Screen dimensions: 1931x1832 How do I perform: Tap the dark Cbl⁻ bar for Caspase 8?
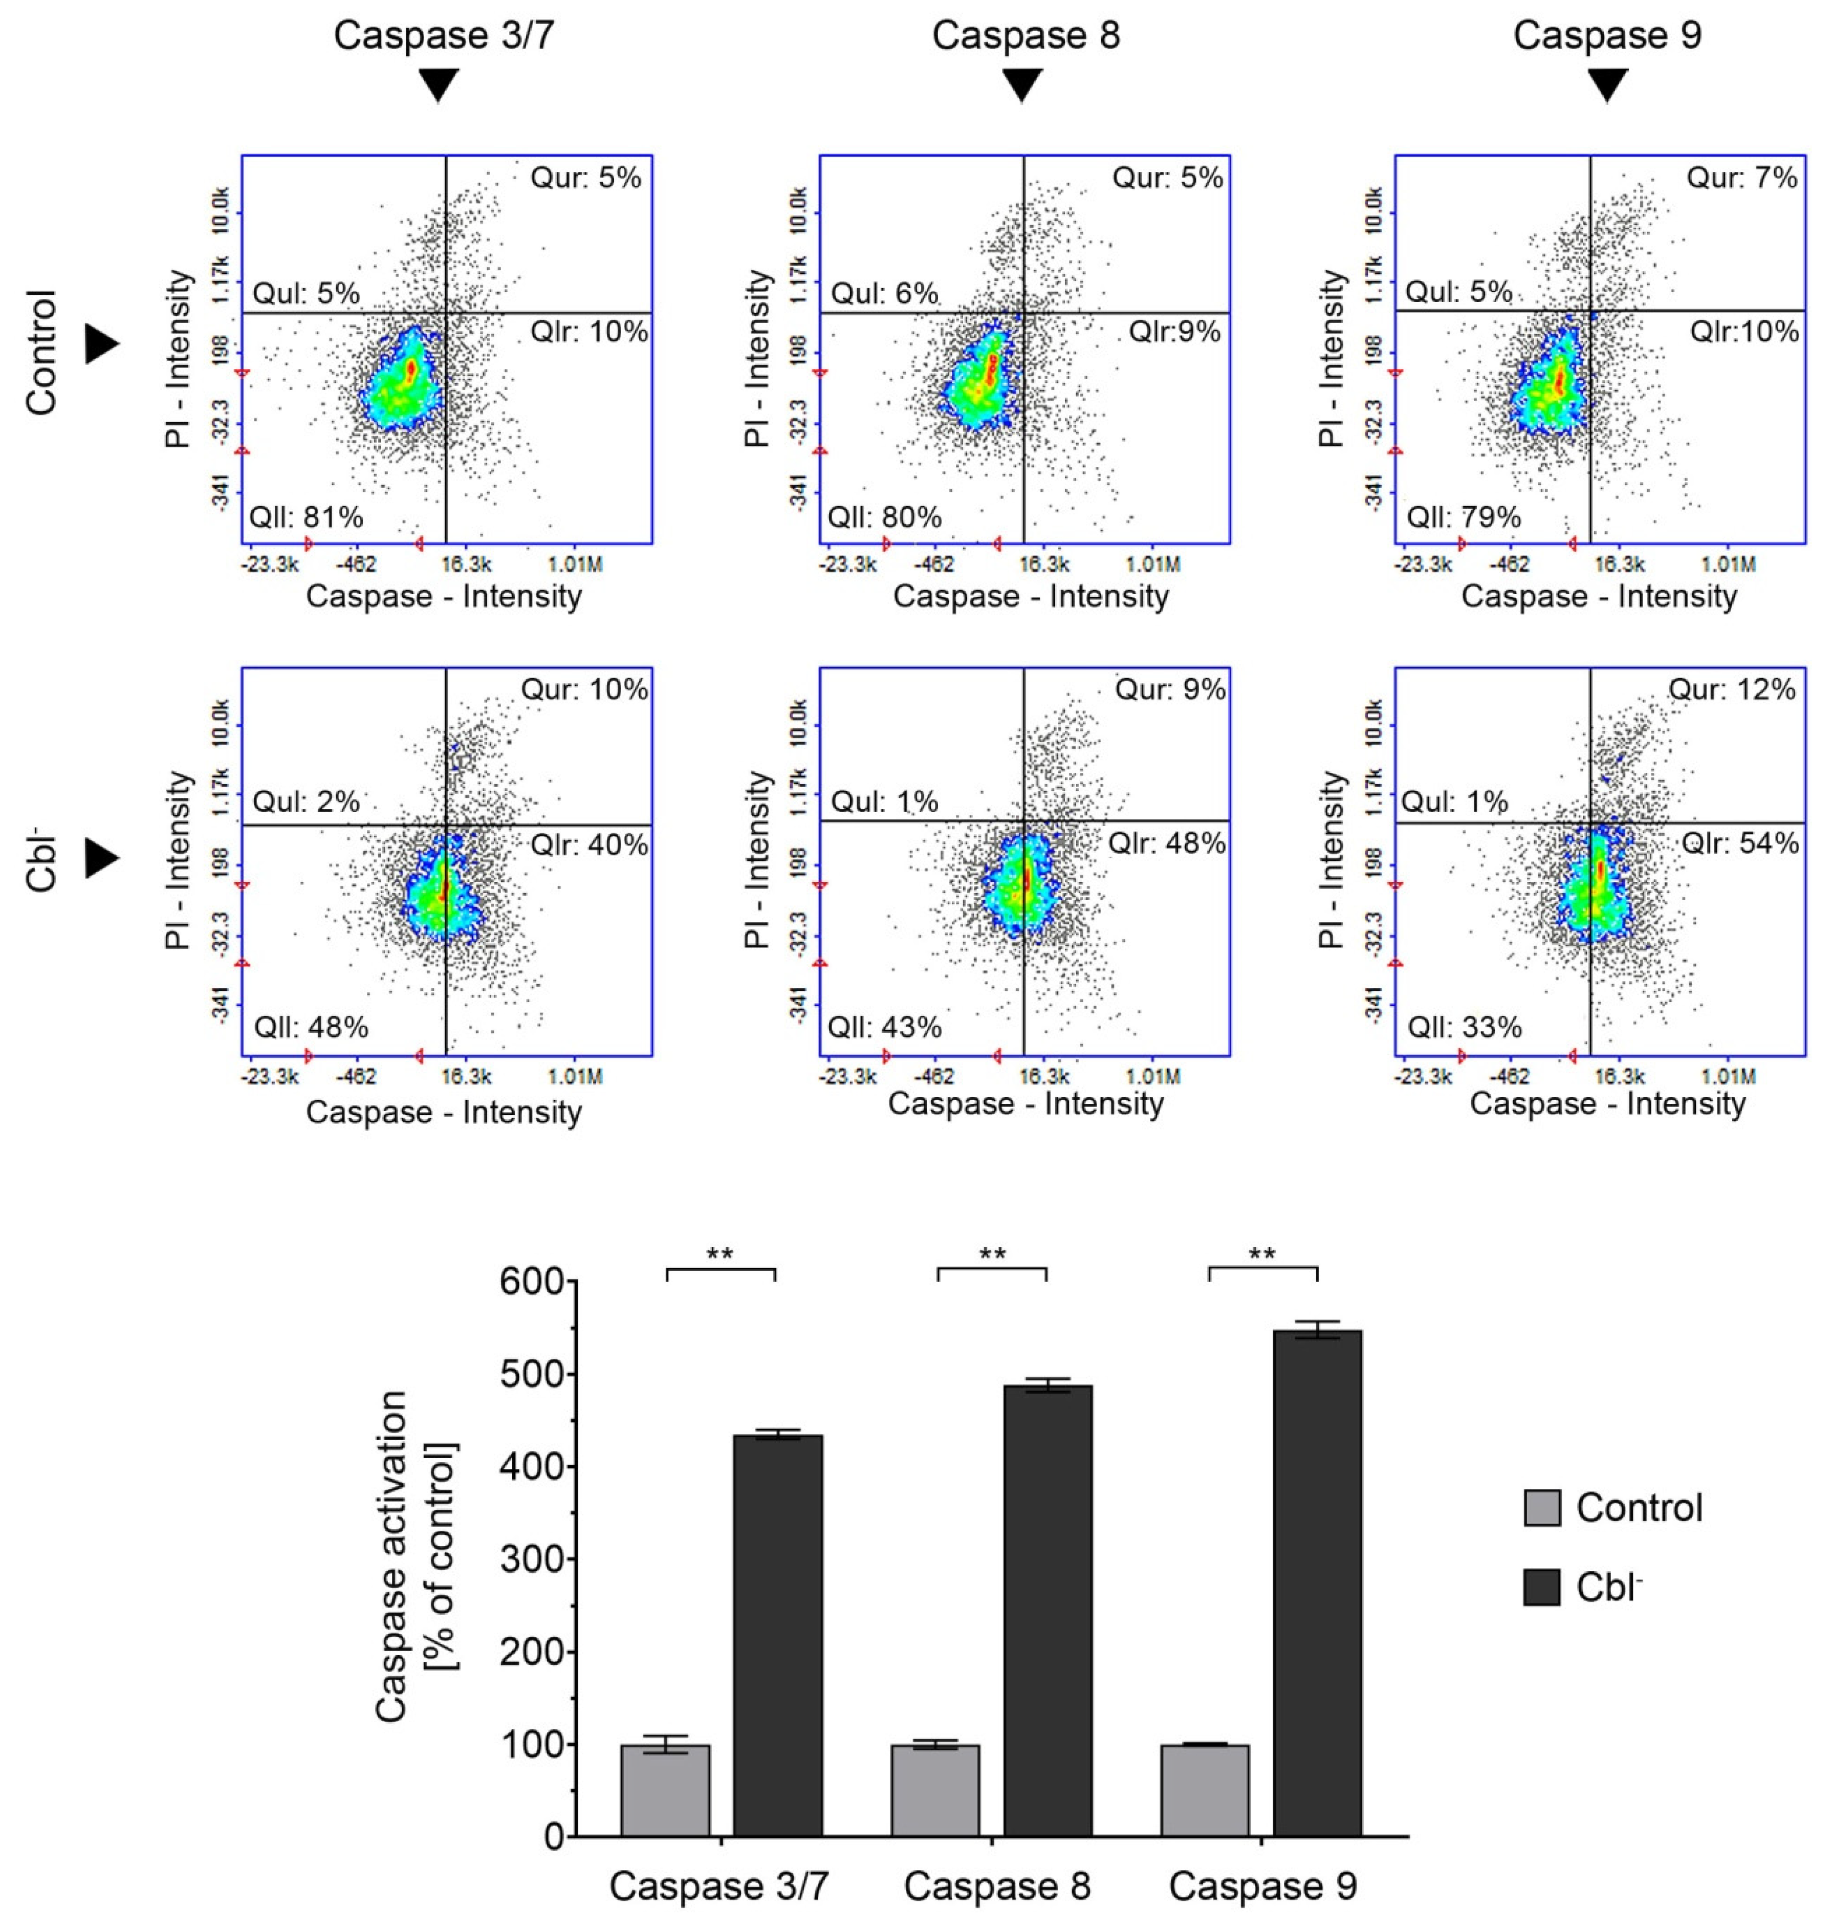pyautogui.click(x=1048, y=1612)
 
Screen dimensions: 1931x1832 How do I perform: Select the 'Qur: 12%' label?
pyautogui.click(x=1731, y=689)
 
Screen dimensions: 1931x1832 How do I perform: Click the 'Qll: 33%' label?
pyautogui.click(x=1464, y=1028)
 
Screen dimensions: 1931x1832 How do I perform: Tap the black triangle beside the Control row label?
pyautogui.click(x=101, y=344)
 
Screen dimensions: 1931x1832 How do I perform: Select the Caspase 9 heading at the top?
pyautogui.click(x=1607, y=35)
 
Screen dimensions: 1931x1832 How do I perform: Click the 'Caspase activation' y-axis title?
pyautogui.click(x=390, y=1558)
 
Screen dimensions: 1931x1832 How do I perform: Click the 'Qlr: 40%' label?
pyautogui.click(x=589, y=844)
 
